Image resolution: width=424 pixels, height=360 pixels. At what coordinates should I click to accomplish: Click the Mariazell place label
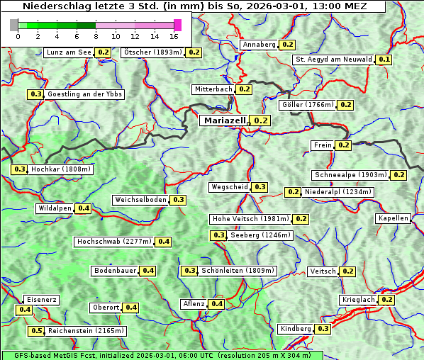(x=225, y=120)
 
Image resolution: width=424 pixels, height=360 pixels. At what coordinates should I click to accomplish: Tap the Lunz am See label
(x=68, y=52)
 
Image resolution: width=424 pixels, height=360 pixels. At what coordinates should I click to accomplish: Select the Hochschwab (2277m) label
(x=113, y=242)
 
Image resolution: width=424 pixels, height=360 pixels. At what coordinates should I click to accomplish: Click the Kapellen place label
(x=394, y=218)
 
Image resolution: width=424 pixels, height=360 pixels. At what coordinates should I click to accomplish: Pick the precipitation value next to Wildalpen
(x=84, y=208)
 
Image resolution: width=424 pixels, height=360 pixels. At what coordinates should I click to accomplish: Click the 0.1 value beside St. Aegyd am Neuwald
(x=384, y=60)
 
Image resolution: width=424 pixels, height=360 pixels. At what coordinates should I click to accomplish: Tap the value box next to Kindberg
(x=323, y=329)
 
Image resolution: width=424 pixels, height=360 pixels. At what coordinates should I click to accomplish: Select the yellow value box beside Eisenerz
(x=24, y=310)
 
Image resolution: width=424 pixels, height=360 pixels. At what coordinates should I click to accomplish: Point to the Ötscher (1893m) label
(x=152, y=52)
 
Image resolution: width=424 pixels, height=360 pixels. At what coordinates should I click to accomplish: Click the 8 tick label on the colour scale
(x=96, y=36)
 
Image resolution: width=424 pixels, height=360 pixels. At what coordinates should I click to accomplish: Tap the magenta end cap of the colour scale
(x=177, y=25)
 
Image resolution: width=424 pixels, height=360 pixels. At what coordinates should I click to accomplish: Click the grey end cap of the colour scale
(x=14, y=25)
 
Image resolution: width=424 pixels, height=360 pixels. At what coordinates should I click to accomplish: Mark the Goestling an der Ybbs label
(x=85, y=94)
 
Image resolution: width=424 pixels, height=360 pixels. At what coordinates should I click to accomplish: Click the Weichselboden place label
(x=140, y=200)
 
